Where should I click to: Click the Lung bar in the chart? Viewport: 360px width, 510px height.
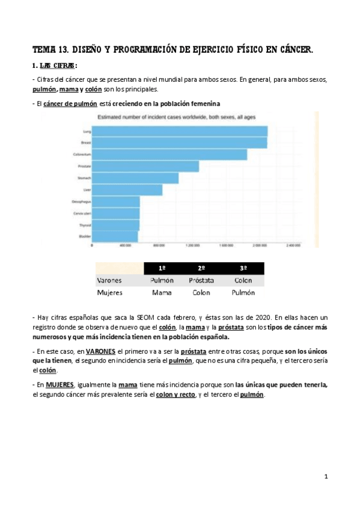coord(180,131)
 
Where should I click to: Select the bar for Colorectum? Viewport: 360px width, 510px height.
coord(169,155)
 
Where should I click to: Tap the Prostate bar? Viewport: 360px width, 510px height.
coord(145,166)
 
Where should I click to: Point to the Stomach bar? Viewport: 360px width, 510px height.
coord(135,178)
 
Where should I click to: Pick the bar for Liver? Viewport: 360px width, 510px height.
coord(127,190)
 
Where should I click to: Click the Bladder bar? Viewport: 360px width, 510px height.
coord(115,236)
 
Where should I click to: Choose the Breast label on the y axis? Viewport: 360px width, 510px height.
coord(85,143)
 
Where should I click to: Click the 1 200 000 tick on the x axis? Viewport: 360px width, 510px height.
coord(193,246)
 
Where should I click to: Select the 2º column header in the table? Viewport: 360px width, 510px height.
coord(201,268)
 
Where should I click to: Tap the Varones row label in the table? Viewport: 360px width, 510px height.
coord(109,280)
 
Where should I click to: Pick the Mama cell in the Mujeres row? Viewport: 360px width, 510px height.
coord(162,293)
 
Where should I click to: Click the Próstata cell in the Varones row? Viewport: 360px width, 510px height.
coord(201,280)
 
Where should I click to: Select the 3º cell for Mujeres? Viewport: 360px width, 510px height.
coord(243,293)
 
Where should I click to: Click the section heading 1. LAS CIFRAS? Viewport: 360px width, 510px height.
coord(55,65)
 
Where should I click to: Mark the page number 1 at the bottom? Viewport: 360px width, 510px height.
coord(326,477)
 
